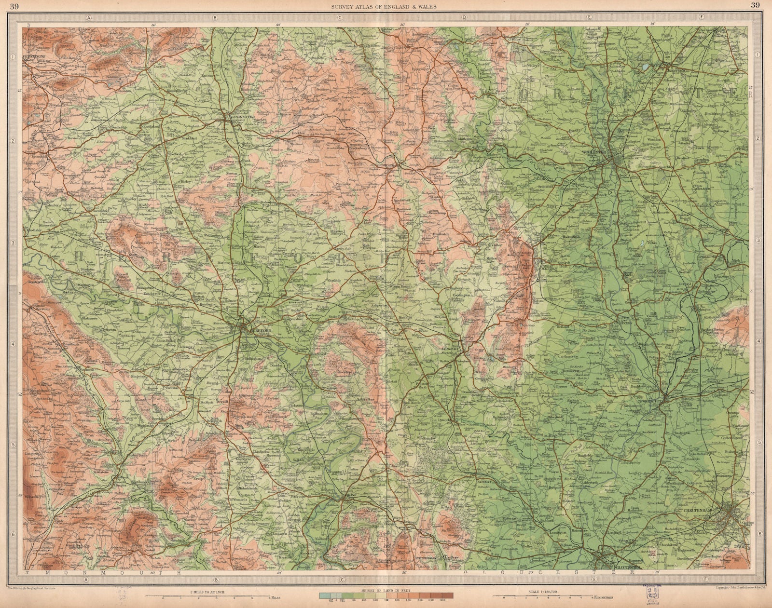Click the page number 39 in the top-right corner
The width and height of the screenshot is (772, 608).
pyautogui.click(x=755, y=6)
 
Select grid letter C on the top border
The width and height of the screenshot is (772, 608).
pyautogui.click(x=340, y=17)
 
